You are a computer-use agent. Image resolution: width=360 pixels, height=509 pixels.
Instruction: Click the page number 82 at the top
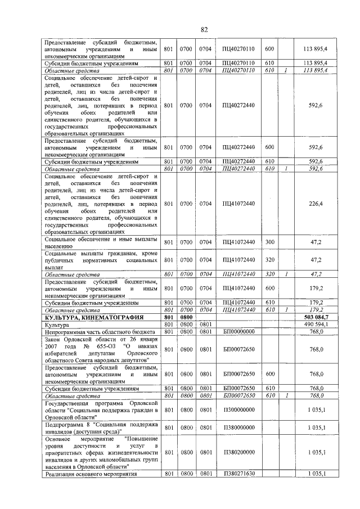pyautogui.click(x=204, y=29)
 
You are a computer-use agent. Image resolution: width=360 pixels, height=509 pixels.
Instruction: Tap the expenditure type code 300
pyautogui.click(x=269, y=242)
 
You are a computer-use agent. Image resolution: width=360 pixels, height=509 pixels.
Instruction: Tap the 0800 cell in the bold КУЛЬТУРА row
pyautogui.click(x=186, y=318)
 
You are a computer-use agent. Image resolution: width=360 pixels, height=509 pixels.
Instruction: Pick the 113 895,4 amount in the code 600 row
pyautogui.click(x=316, y=49)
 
